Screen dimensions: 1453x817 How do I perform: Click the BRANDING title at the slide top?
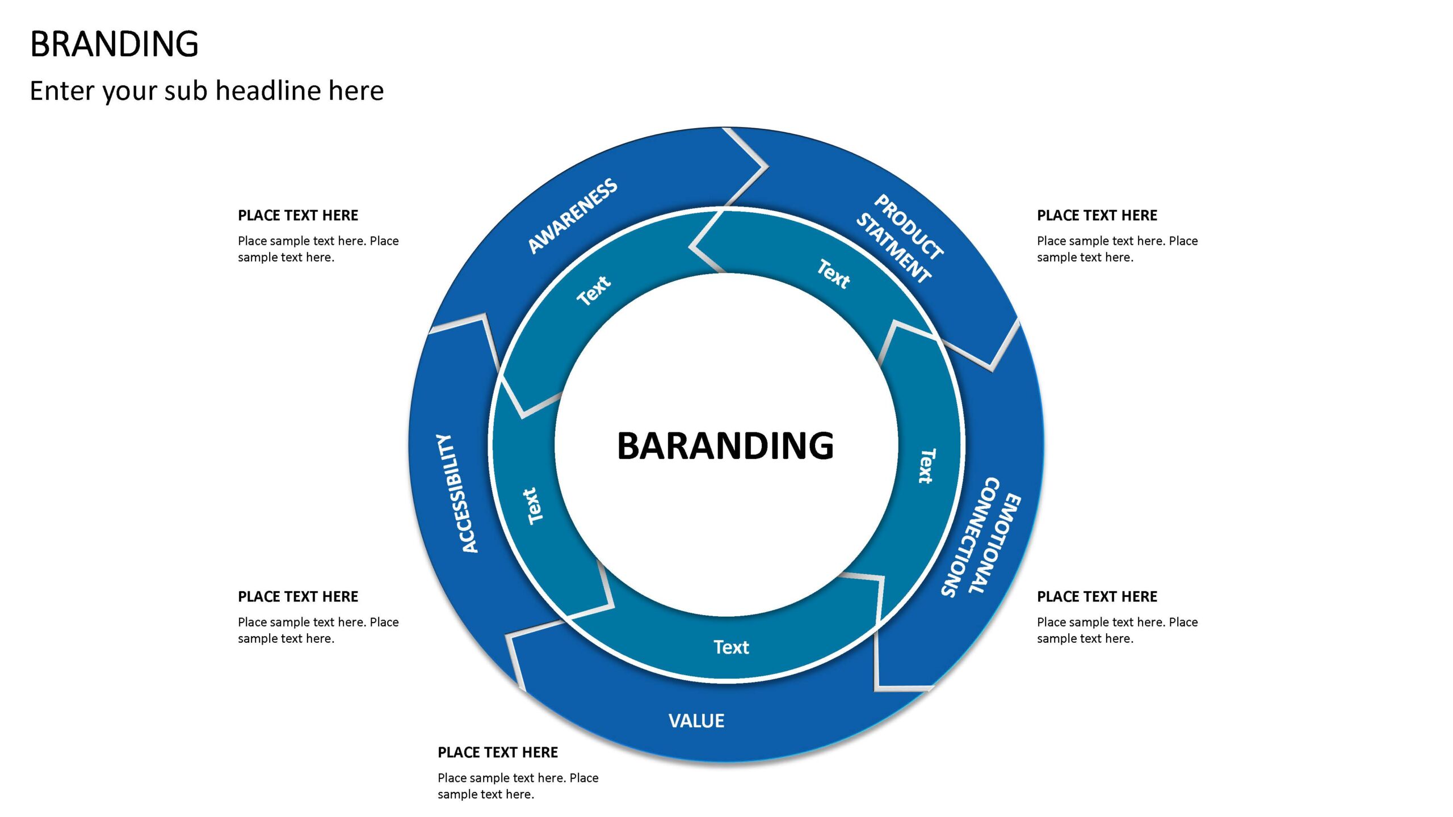tap(114, 44)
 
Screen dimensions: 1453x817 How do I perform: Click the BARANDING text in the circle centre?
tap(725, 446)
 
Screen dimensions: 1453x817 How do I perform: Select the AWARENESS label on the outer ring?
tap(573, 216)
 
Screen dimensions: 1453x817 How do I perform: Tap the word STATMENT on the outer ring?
tap(893, 248)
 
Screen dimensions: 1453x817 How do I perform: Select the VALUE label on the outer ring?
tap(696, 721)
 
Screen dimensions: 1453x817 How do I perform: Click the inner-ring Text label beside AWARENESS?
tap(593, 290)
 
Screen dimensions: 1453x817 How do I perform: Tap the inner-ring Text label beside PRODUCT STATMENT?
tap(833, 274)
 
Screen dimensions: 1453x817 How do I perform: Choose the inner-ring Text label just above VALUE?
tap(731, 647)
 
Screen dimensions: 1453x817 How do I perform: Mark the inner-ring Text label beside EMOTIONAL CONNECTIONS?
tap(926, 466)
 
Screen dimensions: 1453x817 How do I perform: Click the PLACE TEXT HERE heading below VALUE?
tap(498, 752)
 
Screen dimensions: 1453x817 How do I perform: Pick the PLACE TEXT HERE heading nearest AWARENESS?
tap(298, 216)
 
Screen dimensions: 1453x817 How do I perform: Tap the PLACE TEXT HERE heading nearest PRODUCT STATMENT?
tap(1097, 216)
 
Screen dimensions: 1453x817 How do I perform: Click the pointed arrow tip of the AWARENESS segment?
tap(766, 167)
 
